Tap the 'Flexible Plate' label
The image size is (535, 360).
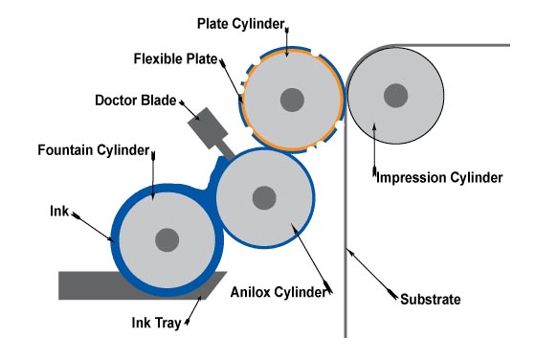point(175,57)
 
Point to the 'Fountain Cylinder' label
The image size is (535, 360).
point(94,151)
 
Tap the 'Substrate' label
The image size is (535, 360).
point(430,300)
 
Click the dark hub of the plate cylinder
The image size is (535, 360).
point(293,99)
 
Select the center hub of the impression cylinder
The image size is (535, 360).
point(394,94)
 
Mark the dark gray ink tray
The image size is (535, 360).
point(96,285)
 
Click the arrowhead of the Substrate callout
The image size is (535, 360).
point(350,250)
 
